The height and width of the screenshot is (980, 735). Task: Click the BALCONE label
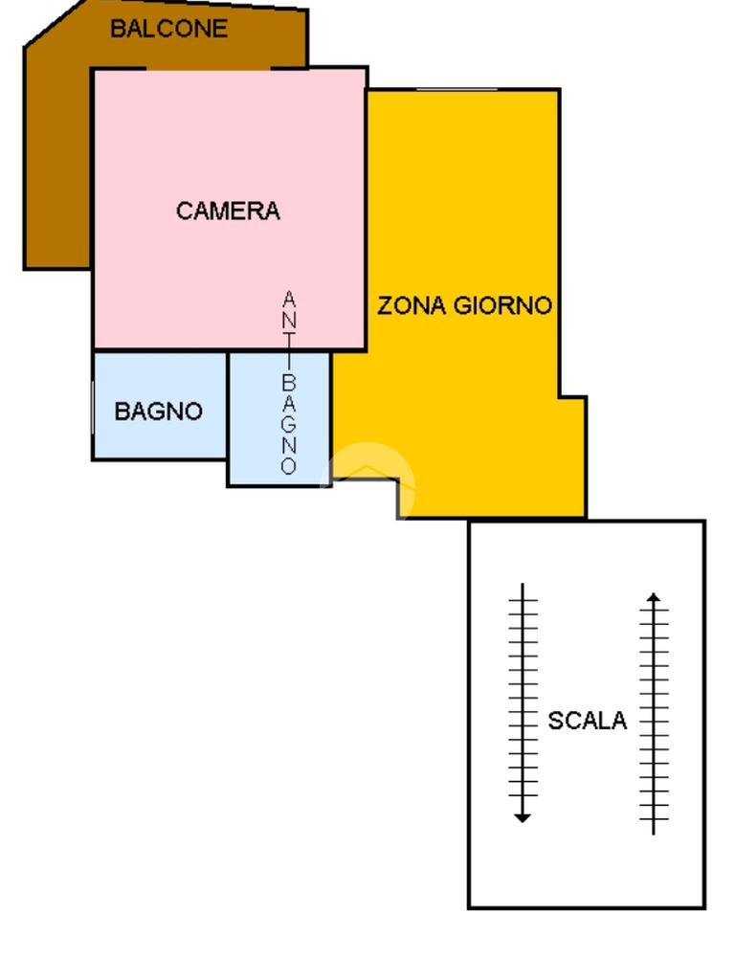(168, 29)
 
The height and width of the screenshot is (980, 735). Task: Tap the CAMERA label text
(228, 211)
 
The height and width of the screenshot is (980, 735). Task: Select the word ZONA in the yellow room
(412, 306)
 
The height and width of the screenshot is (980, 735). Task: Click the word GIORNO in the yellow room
(502, 306)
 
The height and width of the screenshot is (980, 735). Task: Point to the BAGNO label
(159, 412)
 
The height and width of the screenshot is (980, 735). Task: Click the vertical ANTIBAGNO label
(289, 383)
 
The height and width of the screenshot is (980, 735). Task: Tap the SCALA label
(587, 721)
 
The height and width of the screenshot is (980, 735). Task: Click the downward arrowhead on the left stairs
(522, 816)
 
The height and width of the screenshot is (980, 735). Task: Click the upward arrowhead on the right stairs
(654, 597)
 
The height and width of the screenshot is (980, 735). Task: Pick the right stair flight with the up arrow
(654, 713)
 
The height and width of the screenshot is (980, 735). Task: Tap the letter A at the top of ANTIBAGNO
(289, 300)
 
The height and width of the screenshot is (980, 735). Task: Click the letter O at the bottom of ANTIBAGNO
(289, 467)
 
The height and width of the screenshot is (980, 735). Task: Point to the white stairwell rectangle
(587, 861)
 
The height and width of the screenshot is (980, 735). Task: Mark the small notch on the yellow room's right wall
(572, 398)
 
